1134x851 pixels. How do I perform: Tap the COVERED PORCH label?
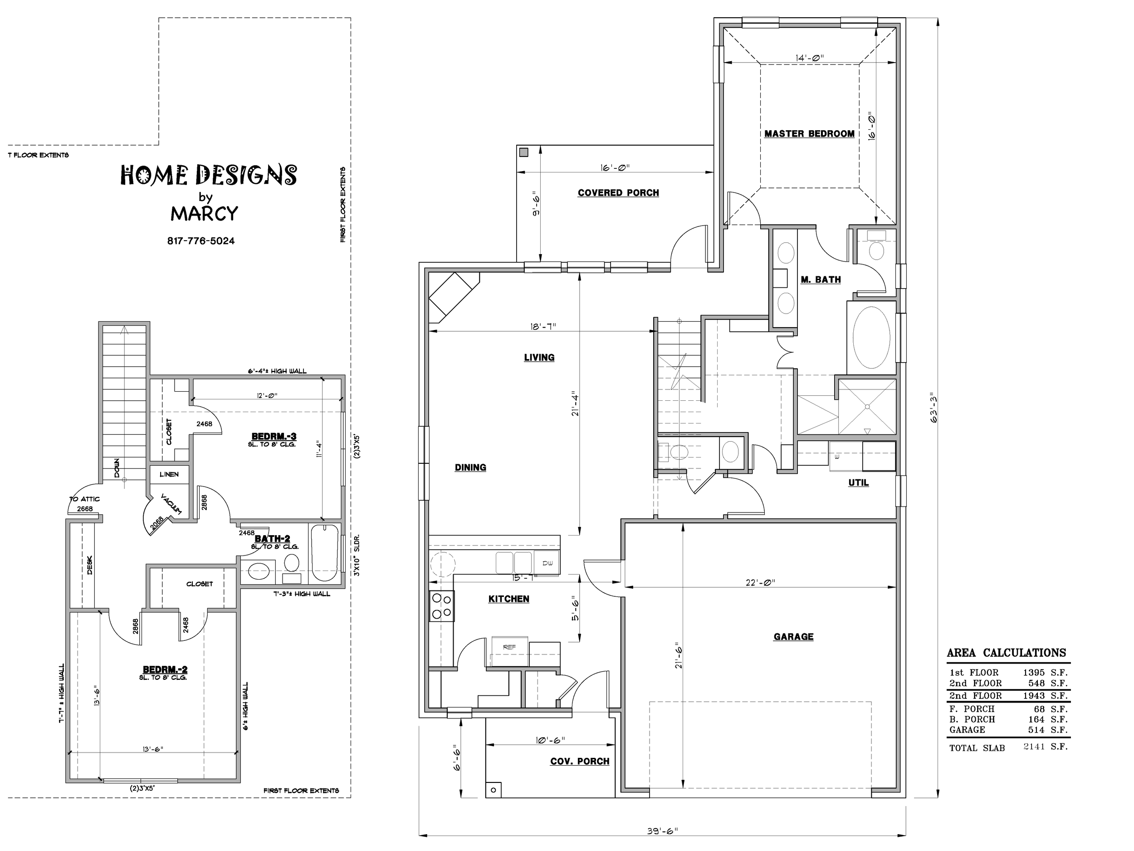(618, 193)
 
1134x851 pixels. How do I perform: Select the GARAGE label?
(794, 637)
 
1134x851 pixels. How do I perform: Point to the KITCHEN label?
(508, 599)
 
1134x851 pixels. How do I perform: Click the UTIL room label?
(858, 483)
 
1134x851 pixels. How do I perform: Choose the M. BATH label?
(821, 280)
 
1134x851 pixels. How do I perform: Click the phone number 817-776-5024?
(201, 241)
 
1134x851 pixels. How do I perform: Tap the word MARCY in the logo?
(205, 213)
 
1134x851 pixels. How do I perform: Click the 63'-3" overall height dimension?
(934, 408)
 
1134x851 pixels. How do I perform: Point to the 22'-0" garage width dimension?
(760, 582)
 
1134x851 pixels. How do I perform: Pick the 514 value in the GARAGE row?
(1036, 730)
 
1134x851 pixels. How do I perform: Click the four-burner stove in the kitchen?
(442, 606)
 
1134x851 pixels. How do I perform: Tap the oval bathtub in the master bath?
(871, 337)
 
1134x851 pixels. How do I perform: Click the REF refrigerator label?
(509, 647)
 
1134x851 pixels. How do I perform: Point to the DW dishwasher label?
(547, 563)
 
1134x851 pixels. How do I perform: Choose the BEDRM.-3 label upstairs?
(274, 437)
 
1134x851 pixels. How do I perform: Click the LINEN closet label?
(169, 474)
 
